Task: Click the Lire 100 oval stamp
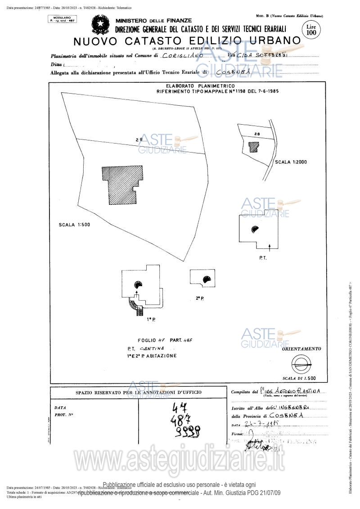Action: point(311,30)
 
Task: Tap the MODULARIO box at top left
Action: point(62,18)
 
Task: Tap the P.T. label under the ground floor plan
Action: point(263,258)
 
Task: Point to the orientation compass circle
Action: point(301,362)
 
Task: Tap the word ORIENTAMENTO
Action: point(301,349)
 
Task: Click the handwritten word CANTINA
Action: point(152,349)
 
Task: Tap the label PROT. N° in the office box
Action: point(63,414)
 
